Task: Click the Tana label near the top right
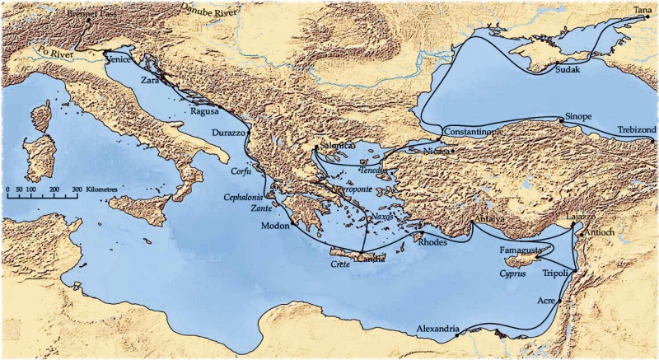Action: click(641, 8)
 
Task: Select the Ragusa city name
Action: click(203, 110)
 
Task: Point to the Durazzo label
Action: click(228, 133)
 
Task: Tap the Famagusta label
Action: click(521, 248)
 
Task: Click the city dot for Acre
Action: click(560, 302)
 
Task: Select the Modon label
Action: click(275, 226)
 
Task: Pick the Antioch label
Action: click(598, 232)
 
